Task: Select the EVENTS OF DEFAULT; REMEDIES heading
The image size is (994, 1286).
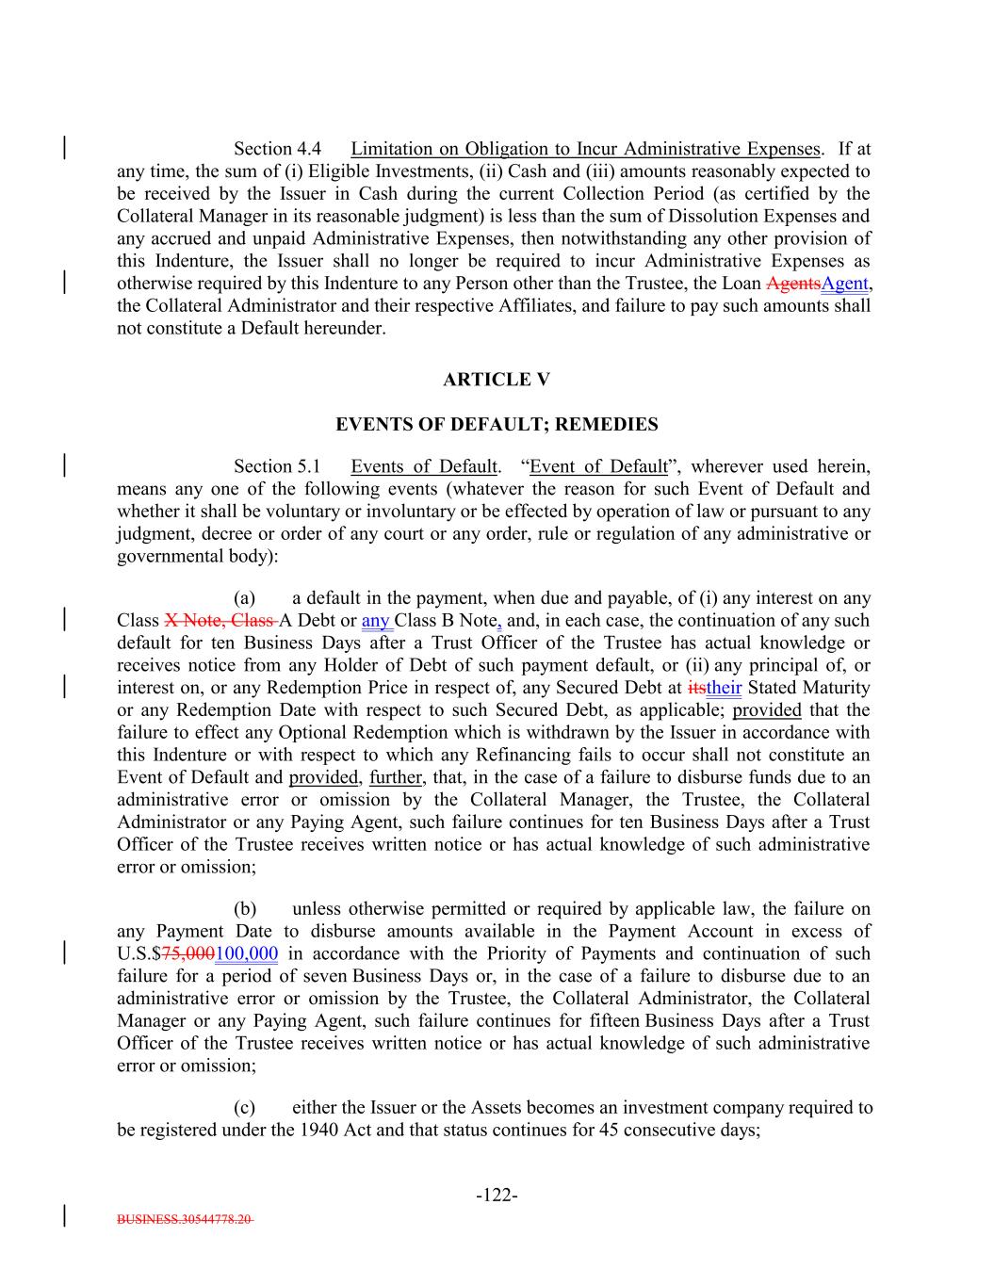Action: pos(497,425)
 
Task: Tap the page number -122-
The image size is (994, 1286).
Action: pos(497,1196)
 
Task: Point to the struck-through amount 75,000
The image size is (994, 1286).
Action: pos(188,954)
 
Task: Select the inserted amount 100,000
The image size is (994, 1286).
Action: pos(247,954)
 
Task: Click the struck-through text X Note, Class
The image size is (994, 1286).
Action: pos(220,621)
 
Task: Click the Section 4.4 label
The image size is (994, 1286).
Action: pos(277,149)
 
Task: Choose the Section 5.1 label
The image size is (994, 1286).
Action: pos(277,466)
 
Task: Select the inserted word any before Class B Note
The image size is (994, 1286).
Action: pos(375,621)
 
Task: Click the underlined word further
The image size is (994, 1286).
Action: pos(396,778)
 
